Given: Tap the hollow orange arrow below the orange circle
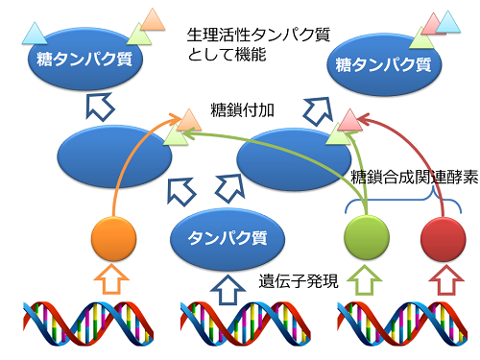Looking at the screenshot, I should (112, 281).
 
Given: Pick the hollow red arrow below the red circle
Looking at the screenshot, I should (443, 281).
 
